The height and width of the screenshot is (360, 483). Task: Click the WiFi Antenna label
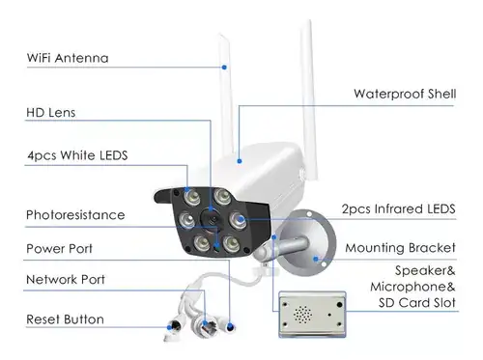[68, 58]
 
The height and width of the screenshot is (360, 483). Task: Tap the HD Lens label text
[51, 113]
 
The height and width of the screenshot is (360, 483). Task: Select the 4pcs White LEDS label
[77, 155]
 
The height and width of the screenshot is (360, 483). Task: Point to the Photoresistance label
[75, 215]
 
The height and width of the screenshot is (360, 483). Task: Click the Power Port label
[59, 248]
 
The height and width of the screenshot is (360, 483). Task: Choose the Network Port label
[66, 279]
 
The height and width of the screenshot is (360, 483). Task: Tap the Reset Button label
[65, 319]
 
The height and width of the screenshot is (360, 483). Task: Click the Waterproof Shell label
[405, 94]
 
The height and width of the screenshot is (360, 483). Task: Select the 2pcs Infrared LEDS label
[399, 209]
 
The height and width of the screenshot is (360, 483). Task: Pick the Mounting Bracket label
[400, 248]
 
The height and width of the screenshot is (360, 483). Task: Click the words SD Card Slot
[417, 303]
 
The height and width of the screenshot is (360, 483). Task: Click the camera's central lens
[212, 219]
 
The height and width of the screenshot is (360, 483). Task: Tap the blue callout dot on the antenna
[224, 68]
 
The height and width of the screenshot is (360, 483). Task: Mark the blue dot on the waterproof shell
[240, 161]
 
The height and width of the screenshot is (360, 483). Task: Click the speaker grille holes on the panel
[302, 315]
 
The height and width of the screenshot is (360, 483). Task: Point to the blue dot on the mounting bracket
[316, 259]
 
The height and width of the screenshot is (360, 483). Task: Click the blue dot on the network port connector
[205, 323]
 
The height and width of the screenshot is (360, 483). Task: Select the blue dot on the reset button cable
[169, 327]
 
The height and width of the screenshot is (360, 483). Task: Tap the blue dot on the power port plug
[230, 327]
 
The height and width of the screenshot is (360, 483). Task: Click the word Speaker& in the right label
[425, 270]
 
